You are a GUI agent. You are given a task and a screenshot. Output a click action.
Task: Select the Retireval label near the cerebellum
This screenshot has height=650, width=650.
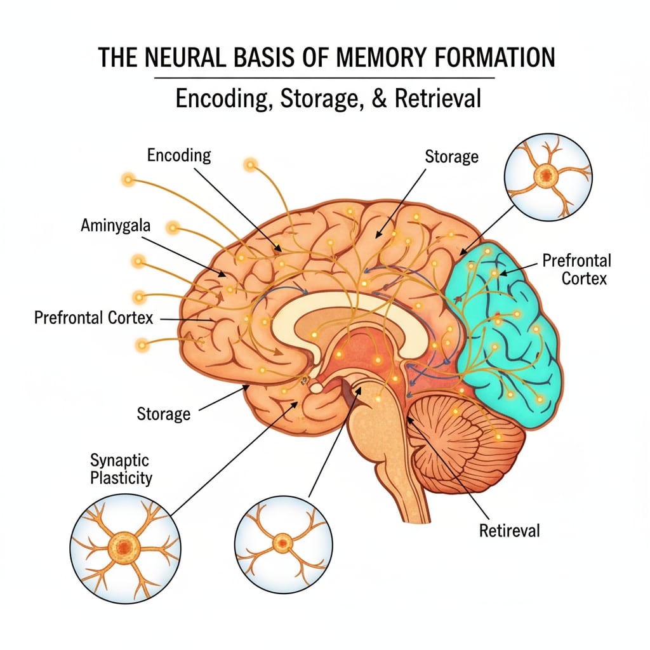tap(510, 529)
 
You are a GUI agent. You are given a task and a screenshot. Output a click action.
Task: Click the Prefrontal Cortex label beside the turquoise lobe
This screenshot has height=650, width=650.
tap(576, 270)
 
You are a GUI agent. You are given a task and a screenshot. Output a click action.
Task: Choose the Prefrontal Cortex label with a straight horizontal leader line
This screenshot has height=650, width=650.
tap(93, 317)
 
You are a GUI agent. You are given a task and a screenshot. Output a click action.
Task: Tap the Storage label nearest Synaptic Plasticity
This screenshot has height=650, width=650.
tap(163, 415)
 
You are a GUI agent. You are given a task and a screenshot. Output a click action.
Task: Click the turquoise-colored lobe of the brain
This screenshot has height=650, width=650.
tap(514, 336)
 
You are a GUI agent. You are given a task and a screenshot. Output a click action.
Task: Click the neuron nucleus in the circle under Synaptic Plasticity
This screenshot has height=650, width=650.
tap(120, 545)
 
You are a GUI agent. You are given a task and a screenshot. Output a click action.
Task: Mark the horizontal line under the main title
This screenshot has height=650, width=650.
tap(325, 78)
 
